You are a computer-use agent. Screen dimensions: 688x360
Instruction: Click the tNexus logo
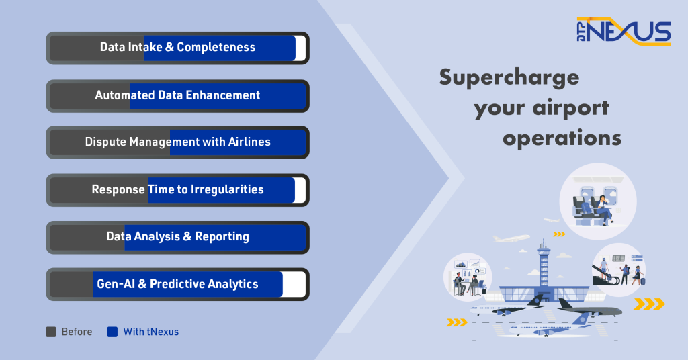pos(623,31)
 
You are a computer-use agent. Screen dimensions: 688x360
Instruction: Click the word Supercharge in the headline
pos(509,78)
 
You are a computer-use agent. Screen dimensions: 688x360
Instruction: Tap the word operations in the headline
pos(562,138)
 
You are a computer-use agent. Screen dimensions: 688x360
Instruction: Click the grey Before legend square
pos(51,332)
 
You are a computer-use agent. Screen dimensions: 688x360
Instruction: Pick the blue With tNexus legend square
pos(112,332)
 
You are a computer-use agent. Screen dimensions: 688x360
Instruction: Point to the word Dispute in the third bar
pos(105,142)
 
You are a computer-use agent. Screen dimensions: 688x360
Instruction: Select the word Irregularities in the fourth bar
pos(227,190)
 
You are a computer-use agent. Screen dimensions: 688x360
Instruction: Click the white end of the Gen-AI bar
pos(294,284)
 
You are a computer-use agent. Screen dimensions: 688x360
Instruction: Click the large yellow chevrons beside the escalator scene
pos(650,304)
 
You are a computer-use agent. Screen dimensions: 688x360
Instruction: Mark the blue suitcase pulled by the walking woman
pos(643,280)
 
